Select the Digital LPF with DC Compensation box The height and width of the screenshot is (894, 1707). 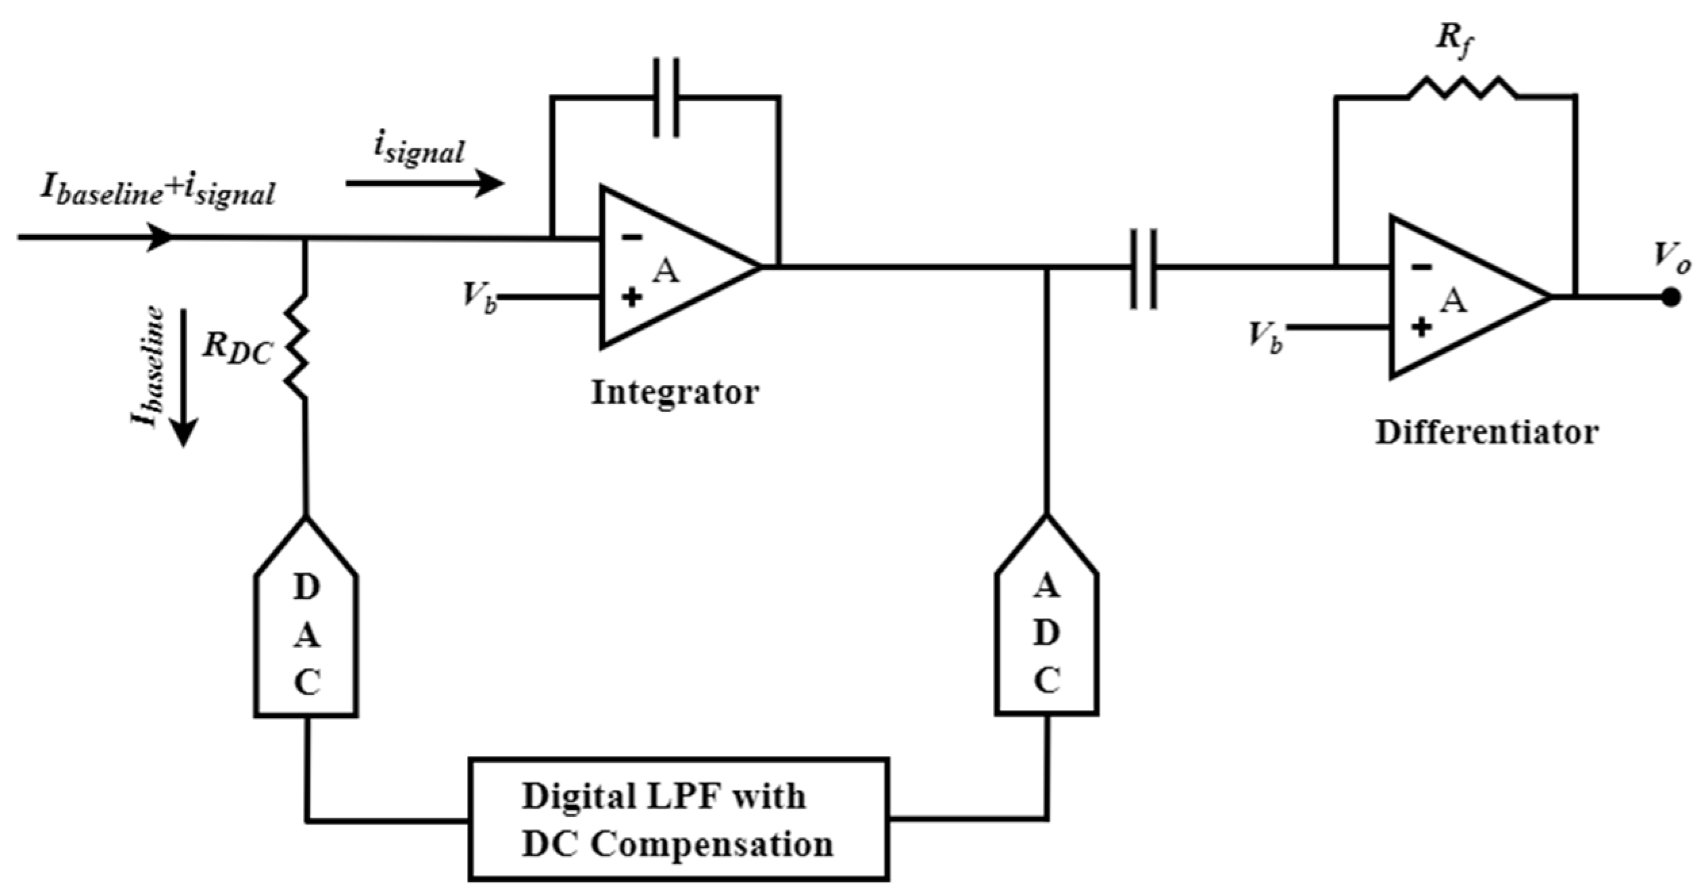[x=678, y=819]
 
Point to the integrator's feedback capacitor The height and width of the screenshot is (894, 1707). [x=666, y=97]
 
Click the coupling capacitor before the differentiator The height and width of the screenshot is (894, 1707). [x=1143, y=269]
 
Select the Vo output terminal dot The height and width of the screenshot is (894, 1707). [x=1670, y=297]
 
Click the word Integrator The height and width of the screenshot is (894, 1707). [x=675, y=393]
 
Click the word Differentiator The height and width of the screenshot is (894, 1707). [x=1486, y=432]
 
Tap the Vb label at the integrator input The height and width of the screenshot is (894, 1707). [x=479, y=296]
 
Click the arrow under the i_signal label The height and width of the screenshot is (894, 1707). [x=424, y=183]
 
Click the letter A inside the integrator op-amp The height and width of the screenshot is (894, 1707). [x=666, y=272]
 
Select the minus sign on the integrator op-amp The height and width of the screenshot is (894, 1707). [x=631, y=238]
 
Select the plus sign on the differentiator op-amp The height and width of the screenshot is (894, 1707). [x=1421, y=328]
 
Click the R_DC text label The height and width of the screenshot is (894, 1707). [x=237, y=349]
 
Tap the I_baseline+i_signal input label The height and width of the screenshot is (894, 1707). [x=158, y=192]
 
